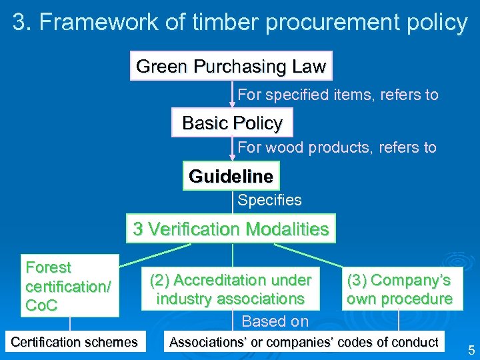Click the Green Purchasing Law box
(x=231, y=67)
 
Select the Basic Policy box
(x=232, y=123)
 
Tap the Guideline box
(x=231, y=177)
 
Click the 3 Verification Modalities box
(x=231, y=229)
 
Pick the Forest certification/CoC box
(x=69, y=286)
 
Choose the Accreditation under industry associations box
(x=230, y=289)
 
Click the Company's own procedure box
(x=399, y=289)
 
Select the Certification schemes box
(x=74, y=343)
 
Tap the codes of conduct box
(x=304, y=343)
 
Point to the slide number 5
(x=471, y=350)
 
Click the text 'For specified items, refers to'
(x=338, y=95)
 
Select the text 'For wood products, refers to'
(x=337, y=147)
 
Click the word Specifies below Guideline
(x=269, y=200)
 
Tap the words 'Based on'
(x=275, y=321)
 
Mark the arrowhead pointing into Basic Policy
(x=233, y=103)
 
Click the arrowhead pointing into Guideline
(x=233, y=157)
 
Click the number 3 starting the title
(x=21, y=23)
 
